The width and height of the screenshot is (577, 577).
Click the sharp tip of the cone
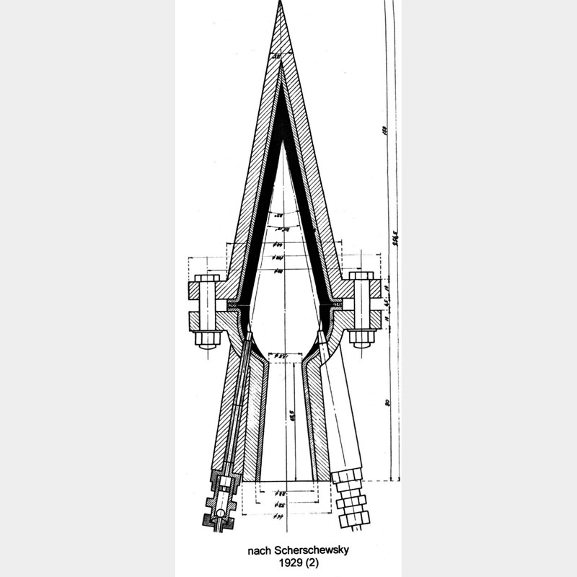(281, 4)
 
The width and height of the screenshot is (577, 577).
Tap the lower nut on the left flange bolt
(207, 337)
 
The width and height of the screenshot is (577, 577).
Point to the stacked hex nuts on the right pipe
(353, 498)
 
